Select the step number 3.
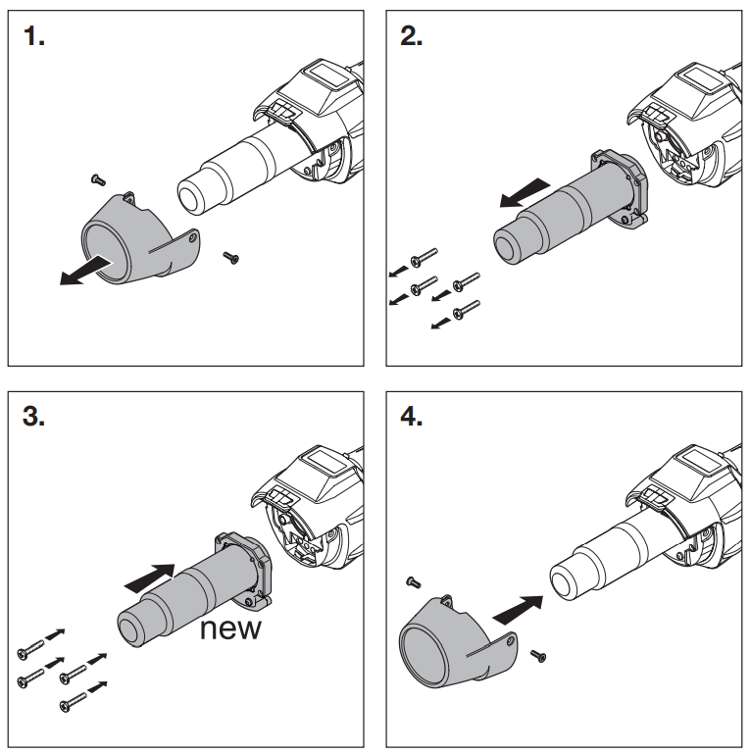pos(35,416)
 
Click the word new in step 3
pos(231,628)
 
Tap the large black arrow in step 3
pos(150,577)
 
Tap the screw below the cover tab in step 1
pos(231,257)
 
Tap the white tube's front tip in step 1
pos(193,195)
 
